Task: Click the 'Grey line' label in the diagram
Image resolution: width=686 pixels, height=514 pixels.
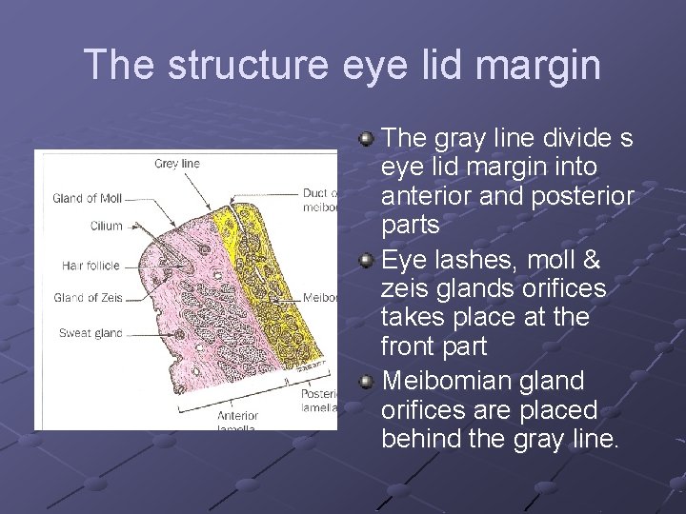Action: pyautogui.click(x=177, y=164)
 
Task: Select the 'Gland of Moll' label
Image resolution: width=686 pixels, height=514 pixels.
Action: pyautogui.click(x=88, y=199)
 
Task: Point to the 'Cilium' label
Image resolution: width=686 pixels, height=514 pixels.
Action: pyautogui.click(x=107, y=226)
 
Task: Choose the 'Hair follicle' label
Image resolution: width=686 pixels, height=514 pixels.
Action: pyautogui.click(x=91, y=266)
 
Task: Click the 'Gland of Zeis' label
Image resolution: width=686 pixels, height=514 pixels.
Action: pyautogui.click(x=89, y=298)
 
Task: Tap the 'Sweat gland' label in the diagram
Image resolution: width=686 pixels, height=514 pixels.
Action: pyautogui.click(x=91, y=333)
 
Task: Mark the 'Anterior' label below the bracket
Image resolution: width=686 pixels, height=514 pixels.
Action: pyautogui.click(x=237, y=416)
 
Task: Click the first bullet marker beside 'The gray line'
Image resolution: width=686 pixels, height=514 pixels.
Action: pyautogui.click(x=366, y=140)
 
